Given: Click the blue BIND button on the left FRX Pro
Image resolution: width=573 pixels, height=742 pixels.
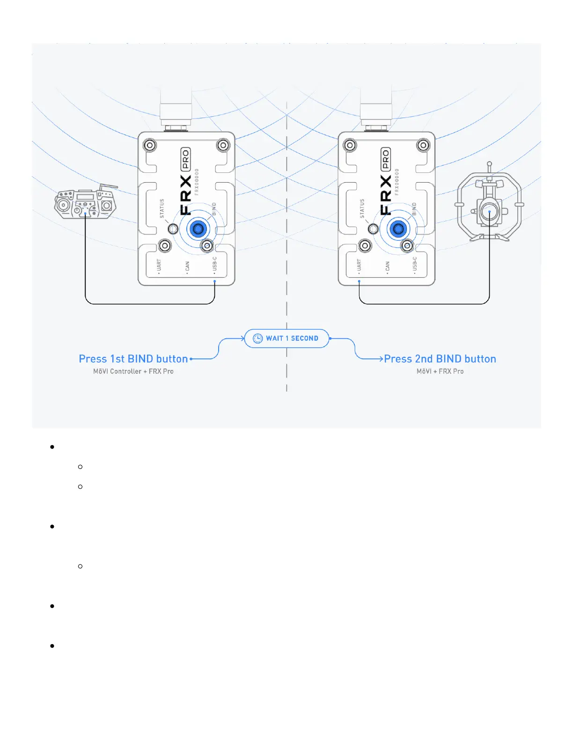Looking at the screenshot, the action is (x=198, y=229).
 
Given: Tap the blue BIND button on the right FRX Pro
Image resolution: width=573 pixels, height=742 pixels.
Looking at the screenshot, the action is (x=398, y=229).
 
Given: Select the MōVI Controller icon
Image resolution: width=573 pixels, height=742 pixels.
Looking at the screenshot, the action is (x=86, y=202).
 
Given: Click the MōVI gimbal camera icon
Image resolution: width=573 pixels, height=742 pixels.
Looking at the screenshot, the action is (x=489, y=206).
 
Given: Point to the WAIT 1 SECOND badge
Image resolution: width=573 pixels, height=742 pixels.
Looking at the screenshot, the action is (x=286, y=338).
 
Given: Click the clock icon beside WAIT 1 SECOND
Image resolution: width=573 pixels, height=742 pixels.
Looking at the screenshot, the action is (x=257, y=338).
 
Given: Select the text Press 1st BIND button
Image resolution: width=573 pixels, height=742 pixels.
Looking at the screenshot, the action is (x=133, y=359).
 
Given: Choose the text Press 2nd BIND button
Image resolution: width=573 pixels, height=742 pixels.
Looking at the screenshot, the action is (x=440, y=359).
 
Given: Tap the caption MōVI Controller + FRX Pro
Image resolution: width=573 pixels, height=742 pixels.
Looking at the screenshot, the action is (x=133, y=371).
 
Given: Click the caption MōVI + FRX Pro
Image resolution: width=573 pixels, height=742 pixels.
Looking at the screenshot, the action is (x=440, y=371).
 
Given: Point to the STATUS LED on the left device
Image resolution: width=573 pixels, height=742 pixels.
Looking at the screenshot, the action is (x=173, y=229).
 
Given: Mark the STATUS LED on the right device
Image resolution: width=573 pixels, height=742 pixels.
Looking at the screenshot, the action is (x=373, y=229).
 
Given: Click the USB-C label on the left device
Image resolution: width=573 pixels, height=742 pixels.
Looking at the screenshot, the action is (x=215, y=264).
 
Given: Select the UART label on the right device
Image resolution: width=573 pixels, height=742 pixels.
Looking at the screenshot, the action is (x=359, y=265).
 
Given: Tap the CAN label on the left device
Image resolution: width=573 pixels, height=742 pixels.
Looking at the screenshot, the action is (x=187, y=266).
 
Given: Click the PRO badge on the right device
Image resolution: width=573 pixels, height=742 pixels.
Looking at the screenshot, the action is (x=386, y=159).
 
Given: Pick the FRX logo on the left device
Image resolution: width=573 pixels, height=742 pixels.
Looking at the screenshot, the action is (x=186, y=195).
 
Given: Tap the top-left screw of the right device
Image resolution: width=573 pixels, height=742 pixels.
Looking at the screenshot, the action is (x=350, y=145).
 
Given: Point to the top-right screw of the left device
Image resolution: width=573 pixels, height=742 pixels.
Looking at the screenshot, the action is (x=223, y=145).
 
